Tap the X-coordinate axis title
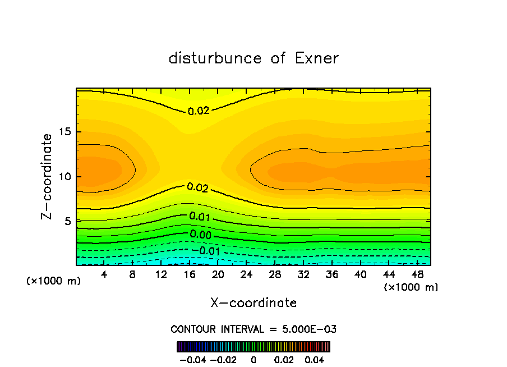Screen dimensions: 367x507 click(x=253, y=303)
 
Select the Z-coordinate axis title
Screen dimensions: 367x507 click(x=48, y=176)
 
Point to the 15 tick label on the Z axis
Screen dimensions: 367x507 click(x=63, y=132)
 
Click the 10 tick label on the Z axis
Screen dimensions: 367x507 click(x=63, y=177)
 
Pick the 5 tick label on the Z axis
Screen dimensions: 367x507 click(x=66, y=222)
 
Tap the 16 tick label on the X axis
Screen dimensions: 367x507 click(x=190, y=274)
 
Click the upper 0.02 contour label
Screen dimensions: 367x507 click(x=198, y=111)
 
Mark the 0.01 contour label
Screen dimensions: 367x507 click(x=200, y=217)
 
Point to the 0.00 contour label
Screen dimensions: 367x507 click(x=200, y=235)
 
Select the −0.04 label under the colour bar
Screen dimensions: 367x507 click(x=192, y=359)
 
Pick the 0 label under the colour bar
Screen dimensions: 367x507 click(x=253, y=359)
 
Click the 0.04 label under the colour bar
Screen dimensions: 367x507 click(x=315, y=359)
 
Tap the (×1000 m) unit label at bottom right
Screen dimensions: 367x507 click(x=411, y=287)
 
